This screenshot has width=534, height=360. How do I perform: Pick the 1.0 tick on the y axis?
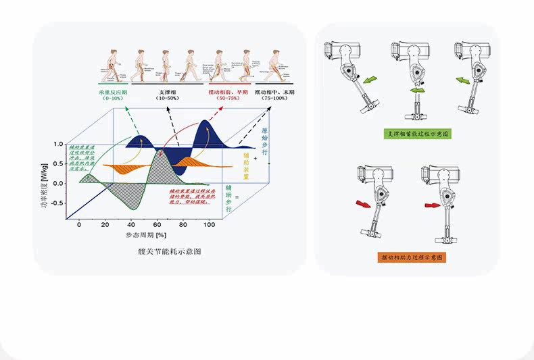click(x=58, y=145)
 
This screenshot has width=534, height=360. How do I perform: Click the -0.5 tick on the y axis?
click(x=57, y=203)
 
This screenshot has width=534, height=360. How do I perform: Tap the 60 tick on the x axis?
click(x=157, y=224)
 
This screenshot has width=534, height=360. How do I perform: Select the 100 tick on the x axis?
click(x=208, y=224)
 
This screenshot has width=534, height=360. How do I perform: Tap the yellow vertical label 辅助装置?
click(x=247, y=163)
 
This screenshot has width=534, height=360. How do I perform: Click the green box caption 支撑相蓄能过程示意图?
click(x=418, y=134)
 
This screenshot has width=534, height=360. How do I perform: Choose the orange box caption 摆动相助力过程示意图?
click(x=412, y=258)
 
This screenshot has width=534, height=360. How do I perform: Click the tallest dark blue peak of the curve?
click(x=204, y=124)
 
